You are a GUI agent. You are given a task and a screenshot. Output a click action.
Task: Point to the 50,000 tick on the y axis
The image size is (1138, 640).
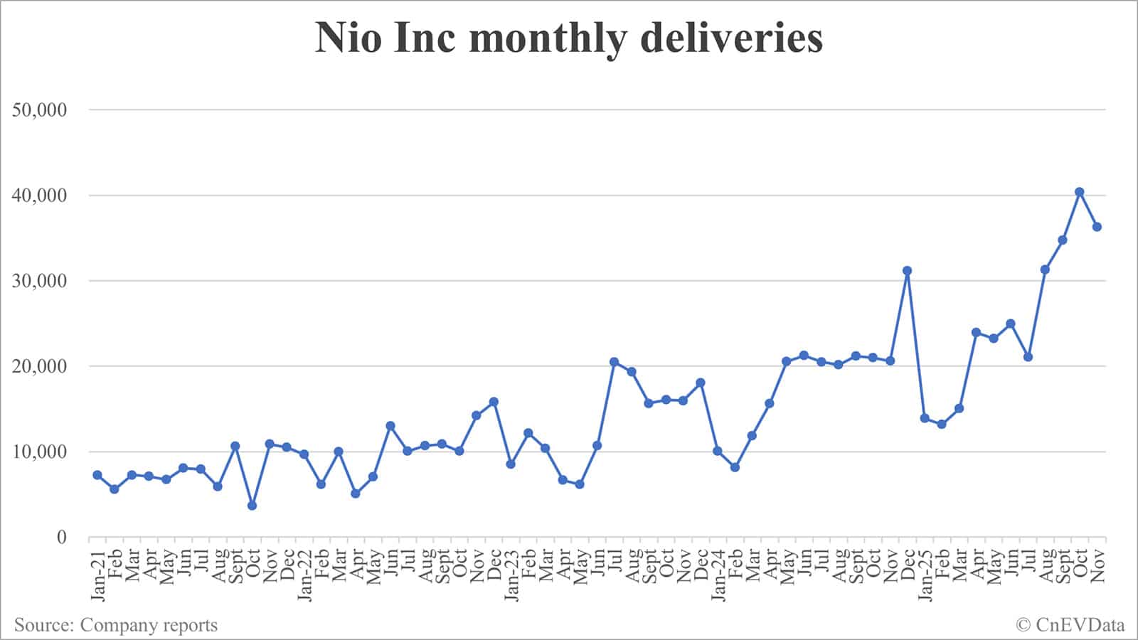click(x=40, y=110)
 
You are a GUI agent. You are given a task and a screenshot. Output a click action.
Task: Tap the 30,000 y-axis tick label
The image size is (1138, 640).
click(x=40, y=281)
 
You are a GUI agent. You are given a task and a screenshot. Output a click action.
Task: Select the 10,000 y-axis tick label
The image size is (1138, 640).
click(x=40, y=452)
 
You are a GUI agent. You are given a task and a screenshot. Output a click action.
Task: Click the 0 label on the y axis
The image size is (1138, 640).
click(x=62, y=538)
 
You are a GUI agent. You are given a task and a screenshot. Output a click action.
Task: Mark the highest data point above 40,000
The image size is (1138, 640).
click(x=1079, y=192)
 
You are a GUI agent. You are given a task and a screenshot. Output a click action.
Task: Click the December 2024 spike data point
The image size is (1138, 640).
click(x=907, y=271)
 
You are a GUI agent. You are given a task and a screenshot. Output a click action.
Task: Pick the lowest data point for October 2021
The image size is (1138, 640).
click(x=252, y=506)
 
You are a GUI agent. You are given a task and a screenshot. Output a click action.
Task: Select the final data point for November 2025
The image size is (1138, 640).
click(x=1097, y=227)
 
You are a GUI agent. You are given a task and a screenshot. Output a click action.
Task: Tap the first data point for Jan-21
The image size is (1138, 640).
click(x=97, y=475)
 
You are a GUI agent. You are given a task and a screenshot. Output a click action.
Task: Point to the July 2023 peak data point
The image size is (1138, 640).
click(x=615, y=362)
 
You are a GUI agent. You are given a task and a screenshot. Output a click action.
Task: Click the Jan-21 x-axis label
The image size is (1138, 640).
click(x=98, y=575)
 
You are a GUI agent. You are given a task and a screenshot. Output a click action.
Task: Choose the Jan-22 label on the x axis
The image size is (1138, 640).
click(x=305, y=575)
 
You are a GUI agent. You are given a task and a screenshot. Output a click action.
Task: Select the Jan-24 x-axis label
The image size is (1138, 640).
click(x=718, y=575)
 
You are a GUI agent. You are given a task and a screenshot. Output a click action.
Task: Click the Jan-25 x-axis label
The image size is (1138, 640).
click(x=925, y=575)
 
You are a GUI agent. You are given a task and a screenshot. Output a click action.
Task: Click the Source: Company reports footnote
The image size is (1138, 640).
click(x=116, y=625)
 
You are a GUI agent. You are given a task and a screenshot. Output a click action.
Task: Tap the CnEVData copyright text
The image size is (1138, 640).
click(x=1071, y=625)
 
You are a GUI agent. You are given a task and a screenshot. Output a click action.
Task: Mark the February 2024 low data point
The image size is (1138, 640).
click(x=735, y=467)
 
